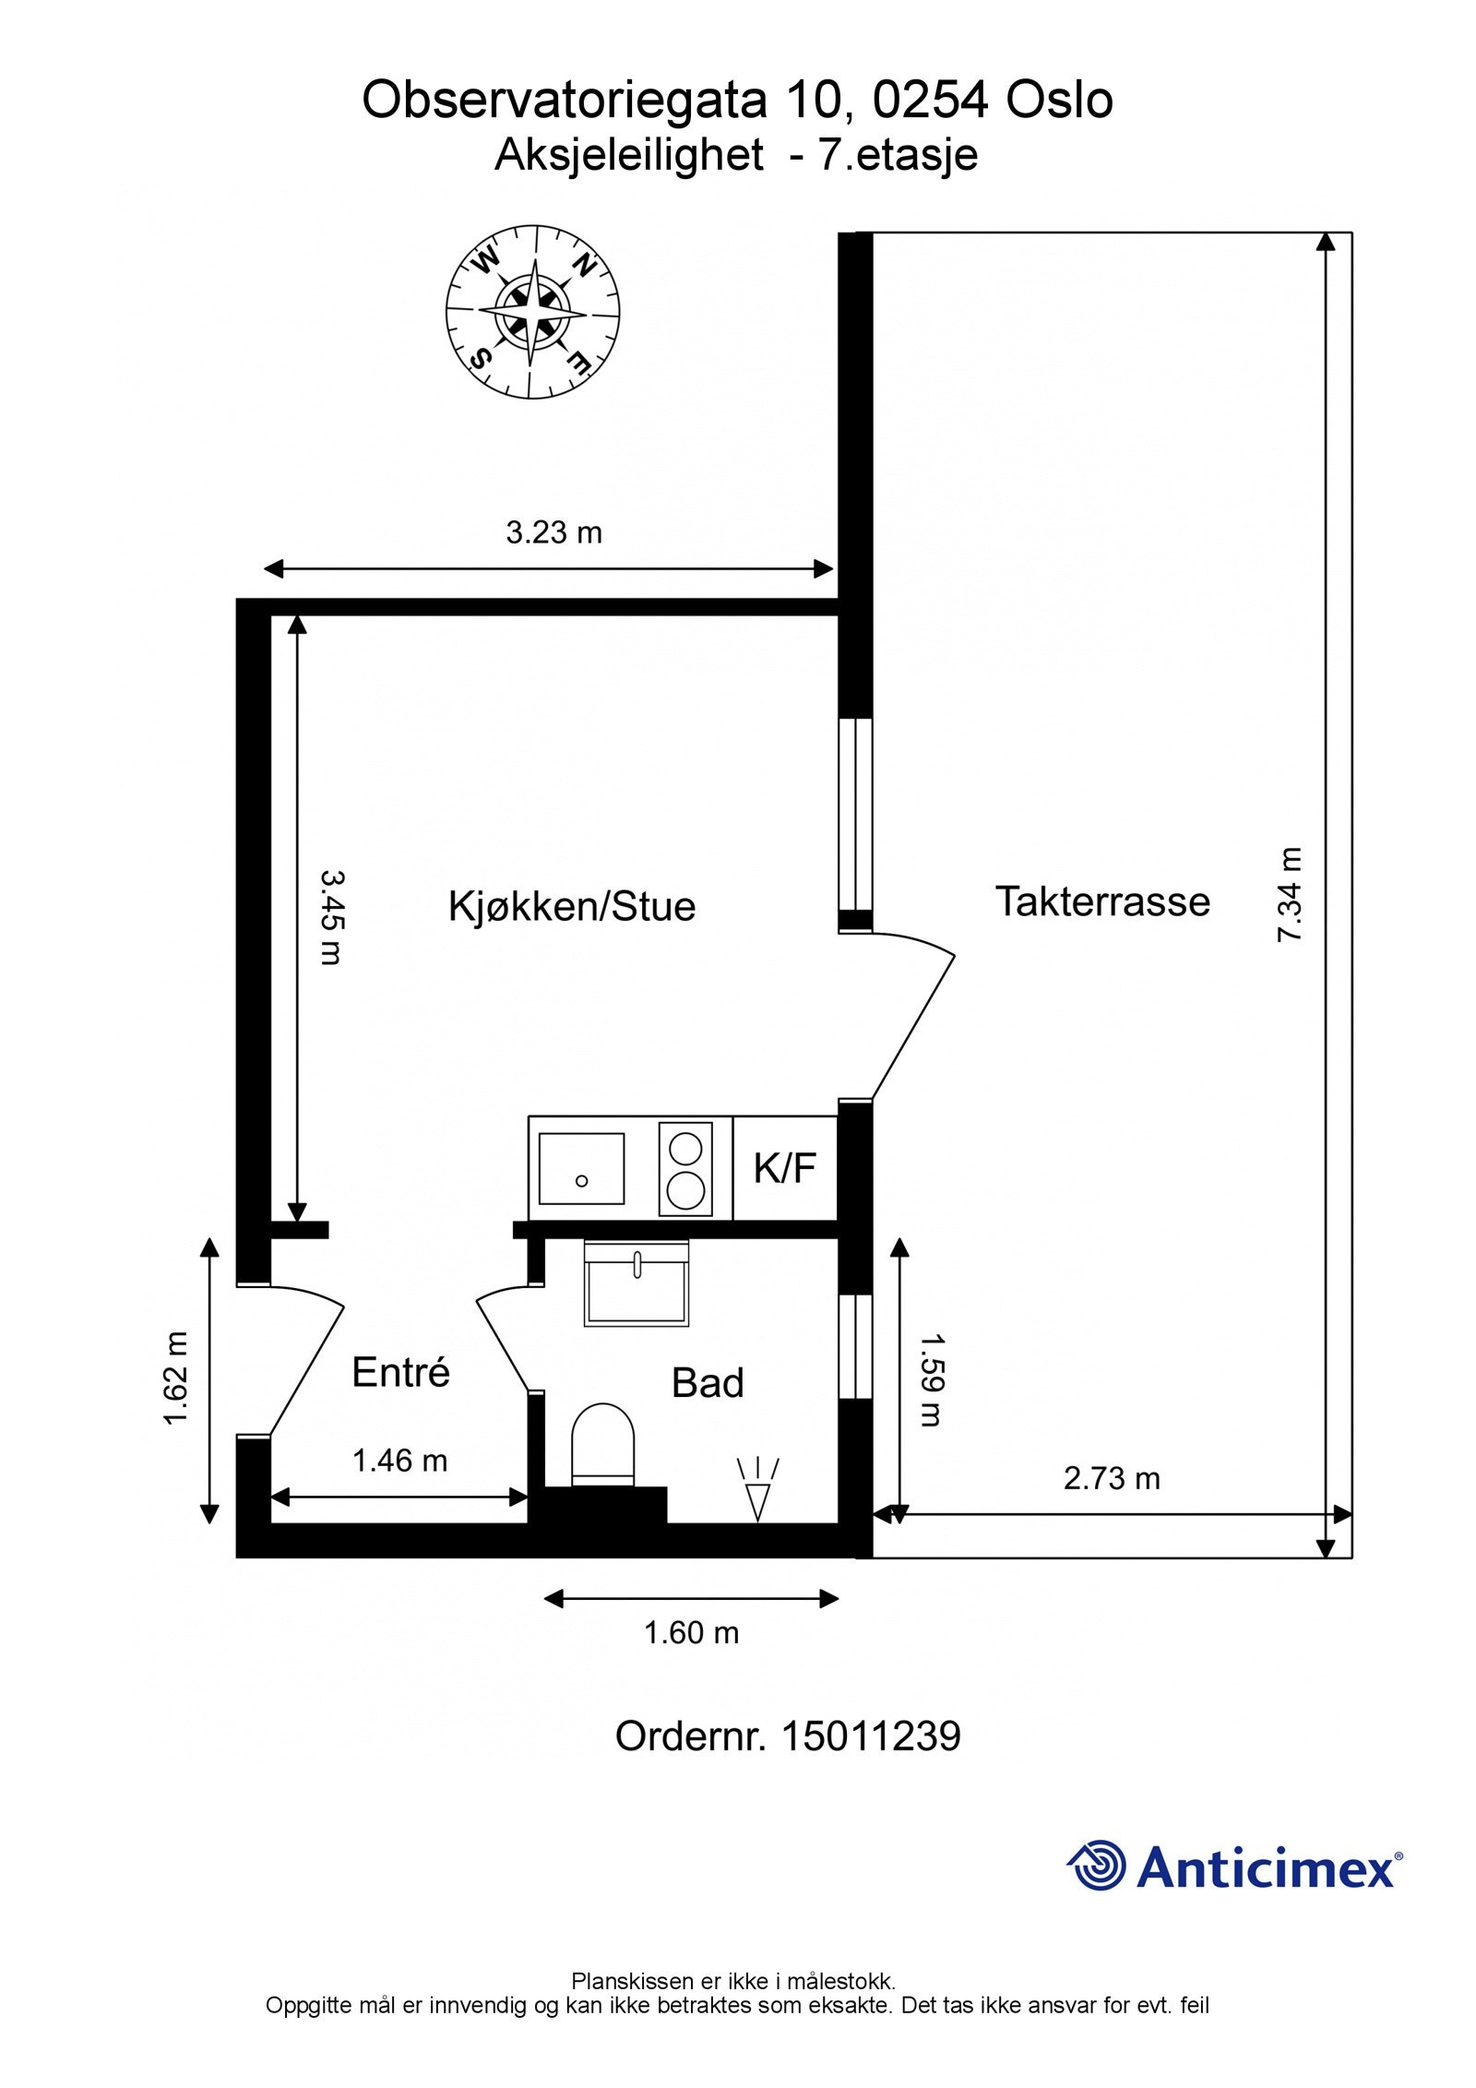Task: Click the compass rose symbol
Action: (x=532, y=313)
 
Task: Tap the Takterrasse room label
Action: (x=1101, y=901)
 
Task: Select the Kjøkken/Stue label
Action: (x=571, y=906)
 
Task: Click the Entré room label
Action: (x=400, y=1373)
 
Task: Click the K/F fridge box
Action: (x=785, y=1168)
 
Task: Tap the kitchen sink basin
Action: (x=581, y=1168)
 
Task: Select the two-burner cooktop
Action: (x=686, y=1168)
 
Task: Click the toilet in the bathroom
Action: (x=603, y=1444)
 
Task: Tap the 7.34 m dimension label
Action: (x=1289, y=894)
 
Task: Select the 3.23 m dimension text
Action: (x=553, y=532)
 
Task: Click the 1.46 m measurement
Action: (x=399, y=1461)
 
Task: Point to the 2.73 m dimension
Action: (x=1111, y=1478)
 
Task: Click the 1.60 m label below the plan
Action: (x=691, y=1633)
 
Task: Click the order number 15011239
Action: (x=870, y=1736)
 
